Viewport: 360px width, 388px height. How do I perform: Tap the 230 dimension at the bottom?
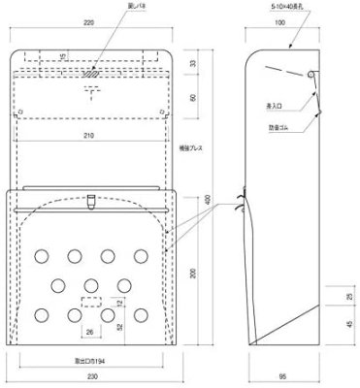93,376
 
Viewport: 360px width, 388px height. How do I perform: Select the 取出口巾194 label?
93,358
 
